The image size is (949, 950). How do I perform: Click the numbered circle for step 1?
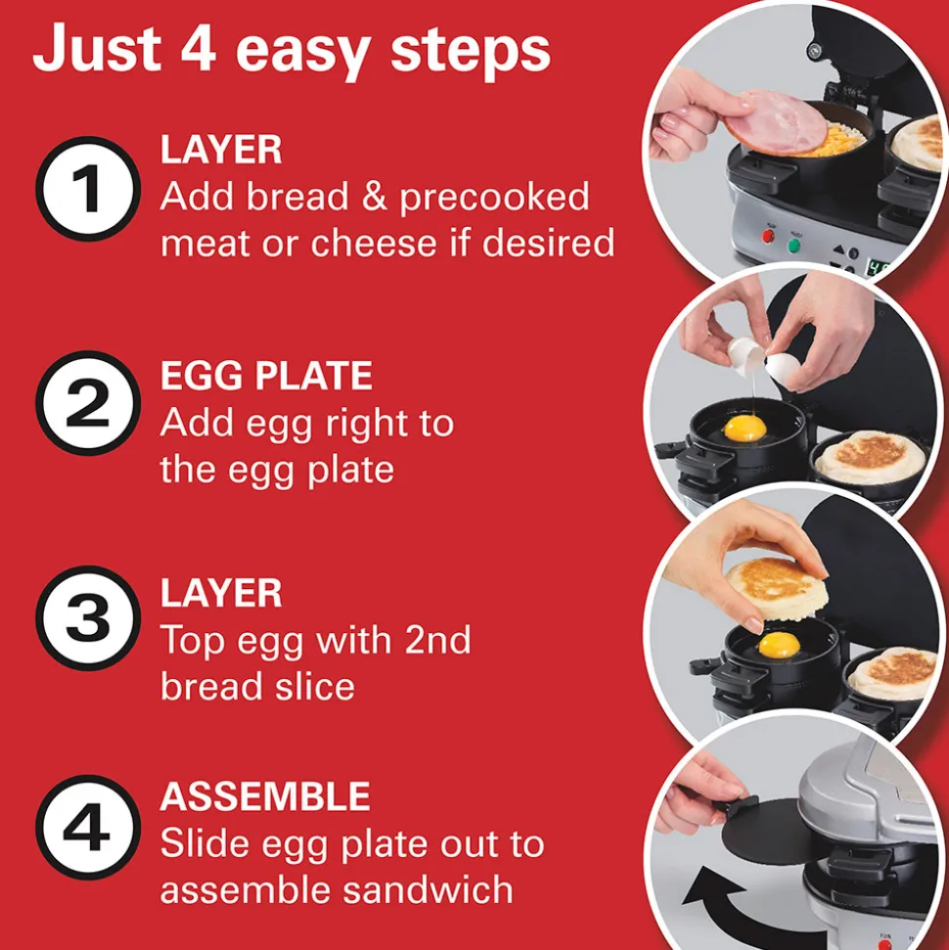pos(88,189)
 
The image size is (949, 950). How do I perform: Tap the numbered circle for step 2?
pos(88,403)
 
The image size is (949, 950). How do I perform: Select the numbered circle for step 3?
pos(88,618)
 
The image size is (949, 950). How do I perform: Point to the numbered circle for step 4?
pos(88,828)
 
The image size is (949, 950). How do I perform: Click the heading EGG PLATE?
pos(266,376)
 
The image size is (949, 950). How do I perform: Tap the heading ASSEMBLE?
pos(265,796)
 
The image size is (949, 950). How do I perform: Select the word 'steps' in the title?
pos(471,52)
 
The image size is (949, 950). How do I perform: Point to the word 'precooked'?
pos(494,198)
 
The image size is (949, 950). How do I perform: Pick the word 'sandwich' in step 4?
pos(428,889)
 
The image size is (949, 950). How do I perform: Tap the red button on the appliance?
pos(769,236)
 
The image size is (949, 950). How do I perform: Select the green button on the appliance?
pos(793,246)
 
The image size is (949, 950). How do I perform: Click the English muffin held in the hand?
pos(777,590)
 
